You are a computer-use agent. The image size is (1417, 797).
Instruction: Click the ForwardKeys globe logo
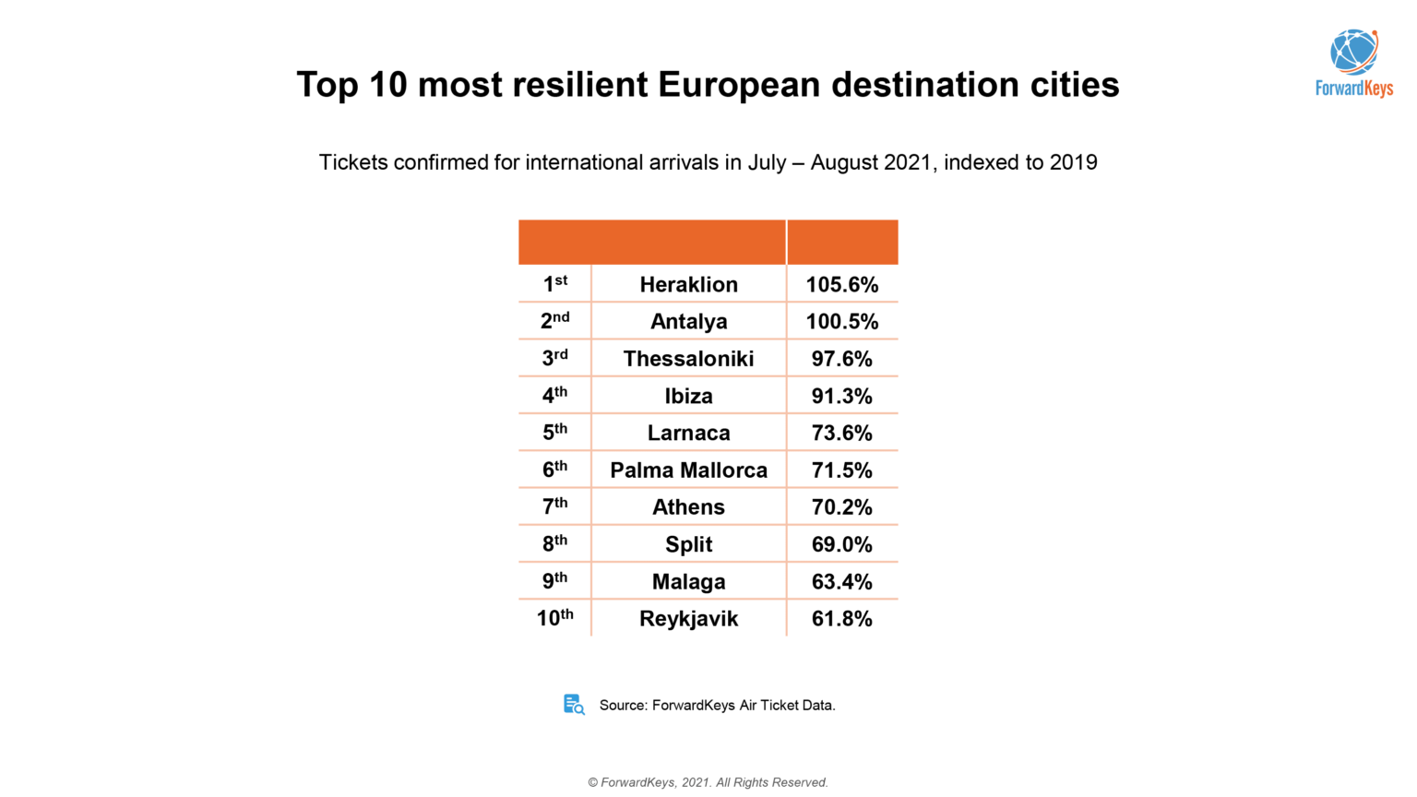1353,53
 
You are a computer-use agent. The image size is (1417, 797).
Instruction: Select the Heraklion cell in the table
688,284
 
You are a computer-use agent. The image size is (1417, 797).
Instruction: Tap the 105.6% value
841,284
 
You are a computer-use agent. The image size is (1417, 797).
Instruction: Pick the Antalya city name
688,322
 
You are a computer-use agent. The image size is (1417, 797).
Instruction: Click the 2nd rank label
554,321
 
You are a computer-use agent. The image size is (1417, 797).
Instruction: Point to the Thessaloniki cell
688,359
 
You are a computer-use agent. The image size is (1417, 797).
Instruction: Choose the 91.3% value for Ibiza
841,396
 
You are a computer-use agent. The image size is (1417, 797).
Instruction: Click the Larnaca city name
688,433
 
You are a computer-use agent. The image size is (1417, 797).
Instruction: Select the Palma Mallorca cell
688,470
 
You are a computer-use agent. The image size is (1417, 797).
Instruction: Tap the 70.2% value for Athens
841,507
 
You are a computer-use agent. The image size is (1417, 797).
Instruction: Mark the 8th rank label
554,544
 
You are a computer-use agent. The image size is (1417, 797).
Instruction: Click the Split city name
688,544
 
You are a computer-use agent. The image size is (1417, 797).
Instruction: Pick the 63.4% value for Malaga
841,582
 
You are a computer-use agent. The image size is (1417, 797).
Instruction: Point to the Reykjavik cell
688,619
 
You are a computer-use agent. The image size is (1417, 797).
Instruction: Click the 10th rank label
554,618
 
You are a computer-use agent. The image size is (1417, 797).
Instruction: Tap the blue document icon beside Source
574,705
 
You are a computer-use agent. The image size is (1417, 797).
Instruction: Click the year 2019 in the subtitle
1073,162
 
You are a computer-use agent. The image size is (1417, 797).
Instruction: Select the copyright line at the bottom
708,782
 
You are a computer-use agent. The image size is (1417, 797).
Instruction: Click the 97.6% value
841,359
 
